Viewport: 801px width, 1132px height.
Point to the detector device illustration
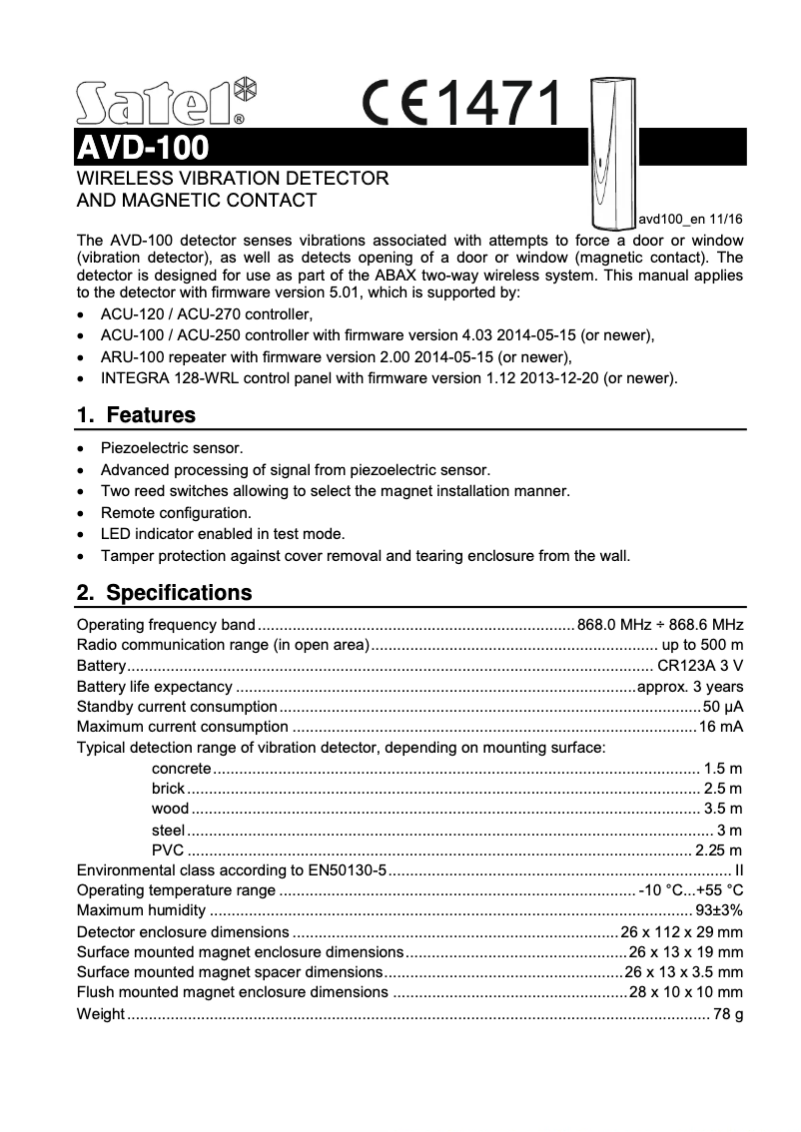point(610,150)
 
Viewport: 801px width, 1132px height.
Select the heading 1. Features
point(136,414)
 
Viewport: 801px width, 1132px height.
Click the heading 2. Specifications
point(165,593)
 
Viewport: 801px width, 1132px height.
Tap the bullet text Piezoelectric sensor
point(172,448)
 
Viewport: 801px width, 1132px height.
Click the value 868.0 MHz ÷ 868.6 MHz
point(660,625)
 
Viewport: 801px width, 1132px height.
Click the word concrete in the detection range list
point(181,769)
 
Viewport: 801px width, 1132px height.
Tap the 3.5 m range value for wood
point(722,809)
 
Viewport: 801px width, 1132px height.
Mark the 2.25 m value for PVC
point(718,850)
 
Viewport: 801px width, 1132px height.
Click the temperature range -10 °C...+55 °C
point(690,890)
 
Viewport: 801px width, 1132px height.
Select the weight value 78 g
point(728,1014)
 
